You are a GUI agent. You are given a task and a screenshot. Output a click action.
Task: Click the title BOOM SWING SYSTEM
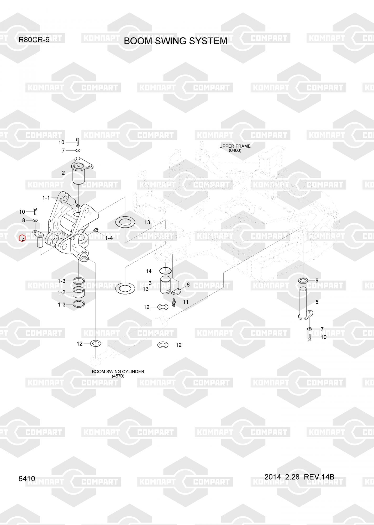click(175, 41)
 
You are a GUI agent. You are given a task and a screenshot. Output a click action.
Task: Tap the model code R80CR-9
click(34, 40)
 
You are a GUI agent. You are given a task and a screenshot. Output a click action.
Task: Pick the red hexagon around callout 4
click(22, 238)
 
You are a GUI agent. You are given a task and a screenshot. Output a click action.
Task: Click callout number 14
click(149, 271)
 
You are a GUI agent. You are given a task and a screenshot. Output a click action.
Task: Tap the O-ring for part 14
click(166, 270)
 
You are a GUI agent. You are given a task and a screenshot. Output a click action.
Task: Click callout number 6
click(188, 285)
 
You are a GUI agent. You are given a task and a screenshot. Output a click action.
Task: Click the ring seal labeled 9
click(303, 280)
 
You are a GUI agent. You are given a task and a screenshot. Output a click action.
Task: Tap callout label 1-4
click(109, 238)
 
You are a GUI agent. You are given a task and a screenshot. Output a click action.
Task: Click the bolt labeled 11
click(174, 303)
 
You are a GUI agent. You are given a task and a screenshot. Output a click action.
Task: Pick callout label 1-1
click(46, 198)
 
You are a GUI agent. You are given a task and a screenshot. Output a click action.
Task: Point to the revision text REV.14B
click(319, 477)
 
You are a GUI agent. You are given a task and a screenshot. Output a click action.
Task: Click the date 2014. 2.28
click(282, 477)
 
